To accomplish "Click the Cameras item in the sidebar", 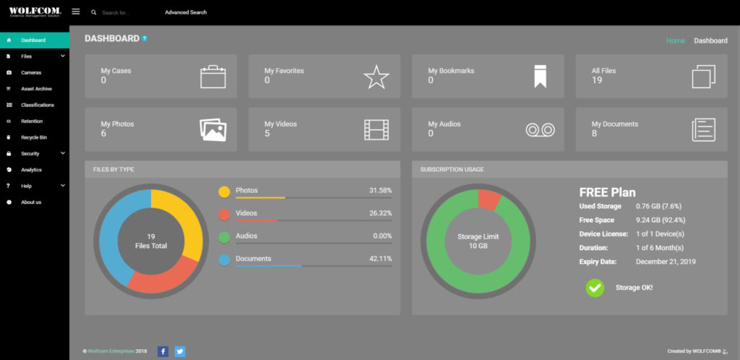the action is pos(30,73).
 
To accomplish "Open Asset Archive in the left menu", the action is pos(36,89).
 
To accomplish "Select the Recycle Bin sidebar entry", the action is pos(33,137).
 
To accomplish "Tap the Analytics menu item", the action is pos(31,170).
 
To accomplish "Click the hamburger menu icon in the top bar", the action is pos(75,12).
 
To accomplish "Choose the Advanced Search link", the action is pos(186,12).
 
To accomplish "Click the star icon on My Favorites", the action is pos(376,77).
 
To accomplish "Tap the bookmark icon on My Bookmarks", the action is pos(541,77).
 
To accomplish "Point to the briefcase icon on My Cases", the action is pos(213,77).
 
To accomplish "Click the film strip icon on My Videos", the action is pos(376,129).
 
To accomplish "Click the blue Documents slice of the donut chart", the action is pos(116,231).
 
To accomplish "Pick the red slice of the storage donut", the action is pos(489,200).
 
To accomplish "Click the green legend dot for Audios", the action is pos(225,238).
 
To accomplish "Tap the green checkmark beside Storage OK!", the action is pos(595,288).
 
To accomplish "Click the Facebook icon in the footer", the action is pos(163,351).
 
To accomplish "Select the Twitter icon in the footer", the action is pos(180,351).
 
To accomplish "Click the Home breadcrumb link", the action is pos(676,40).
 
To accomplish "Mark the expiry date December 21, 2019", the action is pos(666,262).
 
